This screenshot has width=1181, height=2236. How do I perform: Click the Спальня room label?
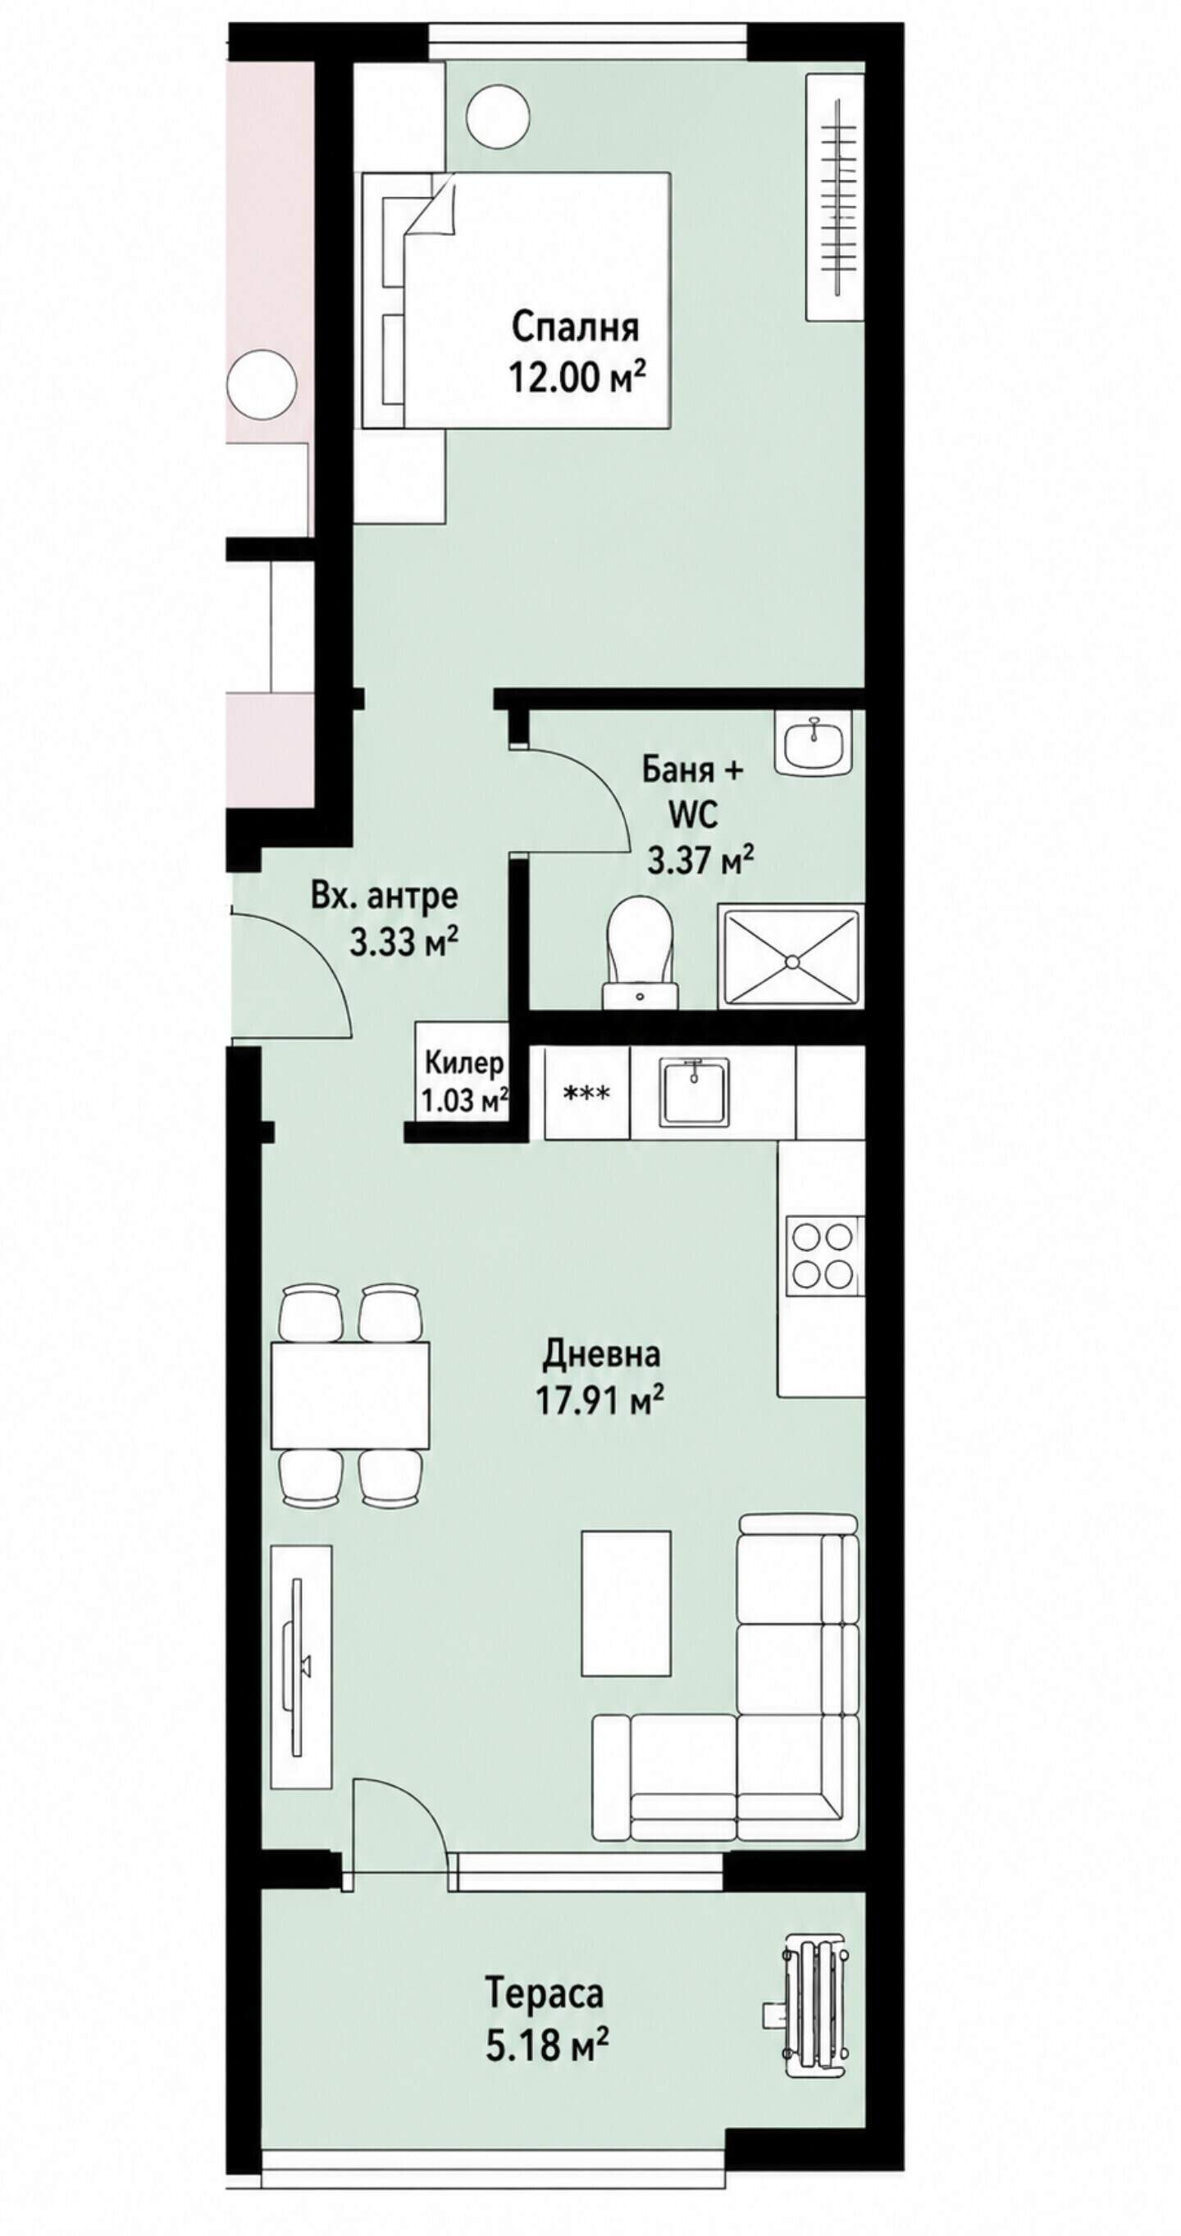tap(575, 328)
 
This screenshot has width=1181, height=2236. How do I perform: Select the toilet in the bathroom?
tap(641, 952)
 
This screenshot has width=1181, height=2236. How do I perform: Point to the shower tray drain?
tap(791, 961)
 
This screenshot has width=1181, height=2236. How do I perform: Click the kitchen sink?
tap(694, 1092)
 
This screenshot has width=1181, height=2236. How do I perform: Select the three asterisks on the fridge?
tap(586, 1093)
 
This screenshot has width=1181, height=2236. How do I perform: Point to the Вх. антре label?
tap(384, 895)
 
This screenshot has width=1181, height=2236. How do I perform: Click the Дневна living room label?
tap(601, 1353)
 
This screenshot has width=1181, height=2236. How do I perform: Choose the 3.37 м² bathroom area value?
tap(700, 860)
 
